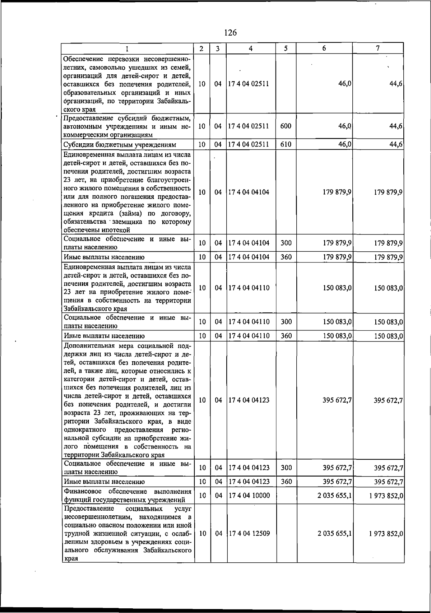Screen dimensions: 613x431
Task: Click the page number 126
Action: point(230,33)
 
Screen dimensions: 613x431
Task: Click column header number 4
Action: point(251,48)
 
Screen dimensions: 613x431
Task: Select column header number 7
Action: point(378,48)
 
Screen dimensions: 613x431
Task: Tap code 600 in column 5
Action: point(286,126)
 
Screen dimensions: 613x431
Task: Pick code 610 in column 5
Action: point(286,144)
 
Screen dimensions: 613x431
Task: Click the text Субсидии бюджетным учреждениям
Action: point(120,145)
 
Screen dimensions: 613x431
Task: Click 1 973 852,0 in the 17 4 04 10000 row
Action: point(386,496)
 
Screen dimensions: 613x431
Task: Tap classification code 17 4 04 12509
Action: point(249,533)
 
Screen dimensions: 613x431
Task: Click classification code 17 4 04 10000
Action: point(249,496)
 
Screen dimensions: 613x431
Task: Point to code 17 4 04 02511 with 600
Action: point(249,126)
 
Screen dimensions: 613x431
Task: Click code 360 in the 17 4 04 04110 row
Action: point(286,336)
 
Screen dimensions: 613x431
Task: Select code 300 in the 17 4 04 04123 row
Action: point(286,468)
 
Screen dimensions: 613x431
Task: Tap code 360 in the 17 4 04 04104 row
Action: point(286,257)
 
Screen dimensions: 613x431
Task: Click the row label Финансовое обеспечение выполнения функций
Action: point(127,496)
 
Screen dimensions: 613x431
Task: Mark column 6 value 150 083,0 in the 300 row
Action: point(337,322)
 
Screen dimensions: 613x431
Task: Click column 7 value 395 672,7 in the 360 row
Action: point(388,482)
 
